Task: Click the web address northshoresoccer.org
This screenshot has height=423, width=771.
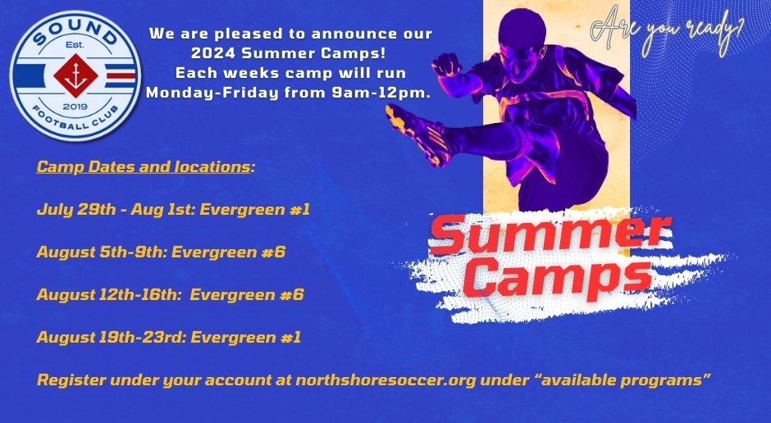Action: tap(392, 380)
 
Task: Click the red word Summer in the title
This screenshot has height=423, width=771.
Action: tap(550, 234)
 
